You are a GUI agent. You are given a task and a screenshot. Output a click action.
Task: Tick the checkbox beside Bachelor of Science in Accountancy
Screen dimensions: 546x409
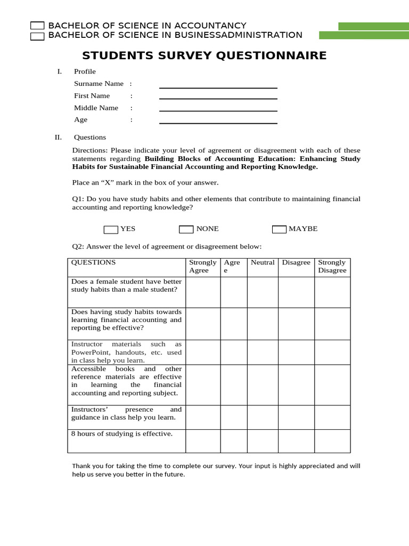pyautogui.click(x=37, y=26)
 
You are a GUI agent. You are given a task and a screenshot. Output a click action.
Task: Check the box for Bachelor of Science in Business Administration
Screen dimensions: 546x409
pyautogui.click(x=37, y=36)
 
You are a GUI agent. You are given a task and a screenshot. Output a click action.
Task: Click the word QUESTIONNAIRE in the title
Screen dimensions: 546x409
pyautogui.click(x=271, y=56)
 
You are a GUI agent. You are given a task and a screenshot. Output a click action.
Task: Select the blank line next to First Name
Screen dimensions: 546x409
pyautogui.click(x=218, y=98)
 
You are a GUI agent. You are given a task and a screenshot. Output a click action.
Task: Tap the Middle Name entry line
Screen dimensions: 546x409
pyautogui.click(x=218, y=110)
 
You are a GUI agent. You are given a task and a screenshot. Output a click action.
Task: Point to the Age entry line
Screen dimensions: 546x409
pyautogui.click(x=218, y=123)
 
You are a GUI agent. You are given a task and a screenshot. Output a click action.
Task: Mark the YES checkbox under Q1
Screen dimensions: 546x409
pyautogui.click(x=111, y=229)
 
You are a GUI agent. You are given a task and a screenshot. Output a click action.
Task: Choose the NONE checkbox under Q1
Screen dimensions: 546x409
pyautogui.click(x=186, y=229)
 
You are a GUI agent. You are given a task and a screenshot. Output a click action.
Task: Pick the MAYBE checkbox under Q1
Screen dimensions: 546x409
pyautogui.click(x=279, y=229)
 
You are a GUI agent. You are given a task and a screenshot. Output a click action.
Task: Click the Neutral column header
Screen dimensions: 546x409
pyautogui.click(x=263, y=262)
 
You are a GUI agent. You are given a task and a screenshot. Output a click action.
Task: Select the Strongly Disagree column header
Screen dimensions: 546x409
pyautogui.click(x=332, y=267)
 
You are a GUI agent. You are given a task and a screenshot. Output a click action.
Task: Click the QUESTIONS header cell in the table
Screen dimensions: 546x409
pyautogui.click(x=94, y=262)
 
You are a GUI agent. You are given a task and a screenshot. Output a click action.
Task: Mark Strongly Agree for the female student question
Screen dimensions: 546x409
pyautogui.click(x=203, y=292)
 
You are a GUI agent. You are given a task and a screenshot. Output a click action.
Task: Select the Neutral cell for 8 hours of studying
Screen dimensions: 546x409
pyautogui.click(x=263, y=441)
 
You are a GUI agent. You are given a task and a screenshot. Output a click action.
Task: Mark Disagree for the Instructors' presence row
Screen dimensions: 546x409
pyautogui.click(x=296, y=417)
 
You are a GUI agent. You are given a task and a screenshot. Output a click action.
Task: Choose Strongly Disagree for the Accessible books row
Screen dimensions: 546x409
pyautogui.click(x=332, y=384)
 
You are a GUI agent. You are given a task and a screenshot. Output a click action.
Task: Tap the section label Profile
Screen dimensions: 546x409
pyautogui.click(x=85, y=71)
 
